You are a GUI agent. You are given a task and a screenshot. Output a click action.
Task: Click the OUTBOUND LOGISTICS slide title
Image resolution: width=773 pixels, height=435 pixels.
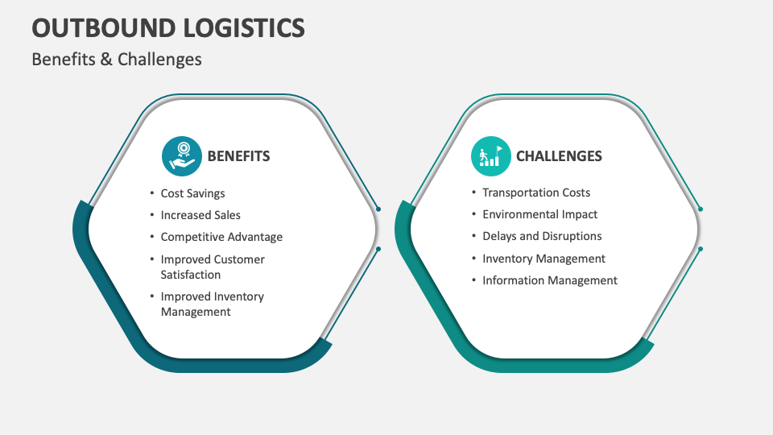click(168, 28)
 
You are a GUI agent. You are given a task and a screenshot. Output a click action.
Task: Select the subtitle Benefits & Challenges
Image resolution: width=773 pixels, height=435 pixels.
click(117, 59)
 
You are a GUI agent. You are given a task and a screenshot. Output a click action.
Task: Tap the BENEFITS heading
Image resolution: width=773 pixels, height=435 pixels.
click(238, 156)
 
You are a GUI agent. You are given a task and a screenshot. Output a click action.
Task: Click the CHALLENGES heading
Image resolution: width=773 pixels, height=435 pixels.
click(559, 156)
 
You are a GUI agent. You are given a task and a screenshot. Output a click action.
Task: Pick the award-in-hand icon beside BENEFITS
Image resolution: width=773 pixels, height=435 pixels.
click(181, 156)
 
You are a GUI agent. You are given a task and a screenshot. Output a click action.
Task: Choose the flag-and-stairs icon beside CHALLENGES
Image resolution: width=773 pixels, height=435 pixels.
click(490, 156)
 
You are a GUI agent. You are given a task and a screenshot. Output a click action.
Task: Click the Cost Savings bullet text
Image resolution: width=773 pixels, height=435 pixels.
click(192, 193)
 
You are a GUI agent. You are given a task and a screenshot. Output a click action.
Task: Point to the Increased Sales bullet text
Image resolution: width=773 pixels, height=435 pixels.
click(200, 215)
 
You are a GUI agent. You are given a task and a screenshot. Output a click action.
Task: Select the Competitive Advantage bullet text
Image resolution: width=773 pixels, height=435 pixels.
click(221, 237)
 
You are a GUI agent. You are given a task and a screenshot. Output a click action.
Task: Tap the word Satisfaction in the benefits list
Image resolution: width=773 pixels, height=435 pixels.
click(191, 275)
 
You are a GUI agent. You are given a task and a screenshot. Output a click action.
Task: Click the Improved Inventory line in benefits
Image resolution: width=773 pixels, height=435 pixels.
click(212, 296)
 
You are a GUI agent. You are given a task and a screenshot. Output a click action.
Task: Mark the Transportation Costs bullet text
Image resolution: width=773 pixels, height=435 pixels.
click(536, 193)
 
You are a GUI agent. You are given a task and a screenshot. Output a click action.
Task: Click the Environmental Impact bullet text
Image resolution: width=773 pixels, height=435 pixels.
click(540, 214)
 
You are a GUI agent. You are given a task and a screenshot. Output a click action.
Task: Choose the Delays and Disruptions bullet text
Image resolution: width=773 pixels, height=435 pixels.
click(542, 236)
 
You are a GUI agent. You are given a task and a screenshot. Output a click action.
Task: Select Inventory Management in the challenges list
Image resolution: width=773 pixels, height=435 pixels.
click(544, 259)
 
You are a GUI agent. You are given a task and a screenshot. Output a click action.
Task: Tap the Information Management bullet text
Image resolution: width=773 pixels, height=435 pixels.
click(550, 280)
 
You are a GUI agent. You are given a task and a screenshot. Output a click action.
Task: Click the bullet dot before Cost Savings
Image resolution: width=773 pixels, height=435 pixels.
click(151, 193)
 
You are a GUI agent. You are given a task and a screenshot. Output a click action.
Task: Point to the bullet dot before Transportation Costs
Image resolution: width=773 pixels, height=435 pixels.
click(473, 193)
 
